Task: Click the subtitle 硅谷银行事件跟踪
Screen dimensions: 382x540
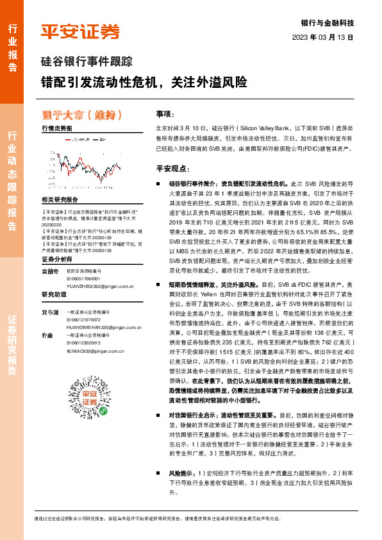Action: (x=82, y=62)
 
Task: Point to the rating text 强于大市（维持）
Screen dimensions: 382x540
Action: (x=81, y=115)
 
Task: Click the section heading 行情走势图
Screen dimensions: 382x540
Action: (x=56, y=129)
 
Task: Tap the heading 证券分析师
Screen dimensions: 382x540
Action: (x=57, y=260)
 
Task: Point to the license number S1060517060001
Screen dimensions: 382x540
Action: (x=85, y=279)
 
